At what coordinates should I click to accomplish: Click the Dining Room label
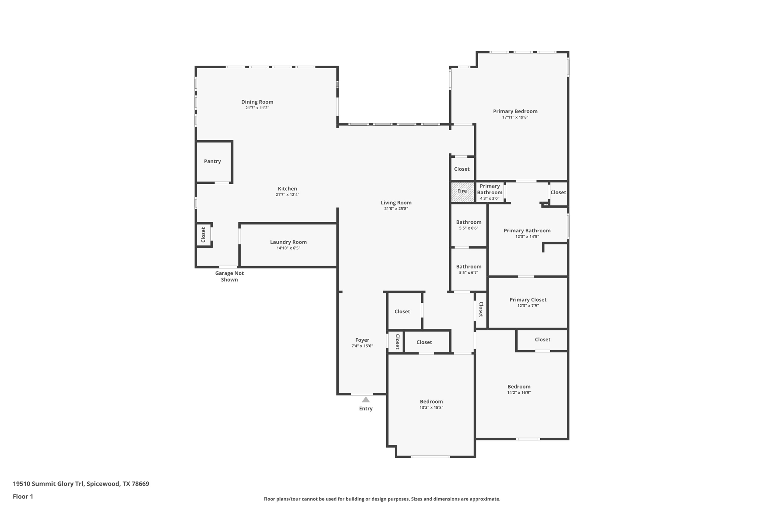tap(257, 102)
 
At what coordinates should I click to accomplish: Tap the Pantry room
tap(212, 161)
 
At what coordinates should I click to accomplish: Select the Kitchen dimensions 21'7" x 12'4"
tap(287, 195)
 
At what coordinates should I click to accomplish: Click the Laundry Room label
tap(288, 242)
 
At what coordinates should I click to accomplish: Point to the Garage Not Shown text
tap(229, 276)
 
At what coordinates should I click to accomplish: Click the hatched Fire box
tap(462, 192)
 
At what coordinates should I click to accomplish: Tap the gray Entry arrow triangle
tap(366, 400)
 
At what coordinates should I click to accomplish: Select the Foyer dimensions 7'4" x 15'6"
tap(362, 346)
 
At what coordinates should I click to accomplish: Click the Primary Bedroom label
tap(515, 111)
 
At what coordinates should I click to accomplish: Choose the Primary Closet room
tap(528, 302)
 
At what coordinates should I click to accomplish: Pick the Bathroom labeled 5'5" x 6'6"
tap(469, 224)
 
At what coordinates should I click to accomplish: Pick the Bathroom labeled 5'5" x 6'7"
tap(469, 269)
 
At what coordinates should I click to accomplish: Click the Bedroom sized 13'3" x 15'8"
tap(431, 404)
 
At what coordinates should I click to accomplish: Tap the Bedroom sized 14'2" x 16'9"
tap(519, 389)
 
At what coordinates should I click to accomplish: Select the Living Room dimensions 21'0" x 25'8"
tap(396, 209)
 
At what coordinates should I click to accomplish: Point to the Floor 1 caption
tap(23, 496)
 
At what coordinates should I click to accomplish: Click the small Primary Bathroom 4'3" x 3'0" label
tap(489, 192)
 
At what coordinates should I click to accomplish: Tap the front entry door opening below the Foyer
tap(362, 394)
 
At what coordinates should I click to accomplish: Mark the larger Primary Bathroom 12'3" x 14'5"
tap(527, 233)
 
